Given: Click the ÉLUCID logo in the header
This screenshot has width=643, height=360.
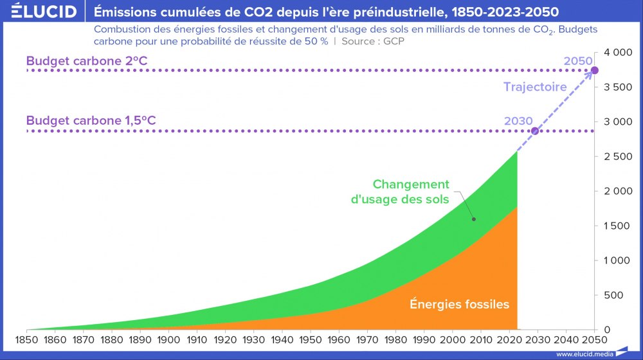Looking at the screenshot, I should (x=44, y=12).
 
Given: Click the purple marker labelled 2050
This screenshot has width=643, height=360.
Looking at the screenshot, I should (x=595, y=70).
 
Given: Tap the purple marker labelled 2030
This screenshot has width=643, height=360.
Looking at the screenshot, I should (x=534, y=131).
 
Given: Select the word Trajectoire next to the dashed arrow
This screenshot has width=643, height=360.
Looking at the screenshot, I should (x=535, y=87).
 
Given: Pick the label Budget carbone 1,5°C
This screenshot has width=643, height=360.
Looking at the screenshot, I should (x=91, y=120).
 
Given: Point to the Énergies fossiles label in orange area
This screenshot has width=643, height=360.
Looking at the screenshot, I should (x=459, y=304).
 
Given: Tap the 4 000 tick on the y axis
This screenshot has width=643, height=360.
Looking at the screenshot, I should (x=617, y=52).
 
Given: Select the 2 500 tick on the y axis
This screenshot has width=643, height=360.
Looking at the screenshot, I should (x=617, y=156).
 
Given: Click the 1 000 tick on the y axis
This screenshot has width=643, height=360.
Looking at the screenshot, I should (x=617, y=260).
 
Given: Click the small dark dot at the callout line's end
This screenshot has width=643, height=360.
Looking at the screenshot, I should (x=474, y=219).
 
